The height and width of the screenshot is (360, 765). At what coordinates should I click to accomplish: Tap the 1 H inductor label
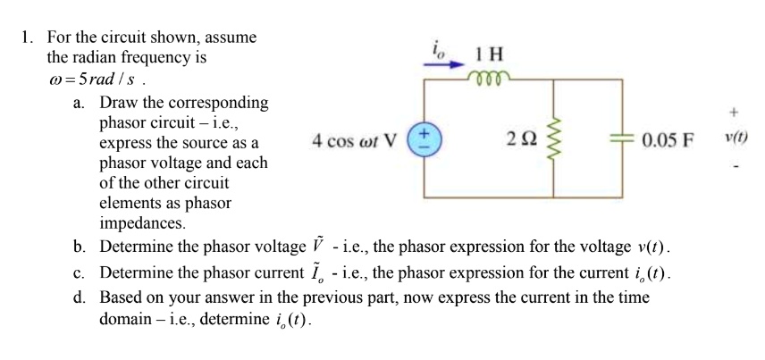click(488, 55)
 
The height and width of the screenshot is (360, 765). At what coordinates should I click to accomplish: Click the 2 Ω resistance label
click(519, 140)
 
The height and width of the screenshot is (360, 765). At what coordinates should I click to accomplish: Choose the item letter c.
click(80, 272)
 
